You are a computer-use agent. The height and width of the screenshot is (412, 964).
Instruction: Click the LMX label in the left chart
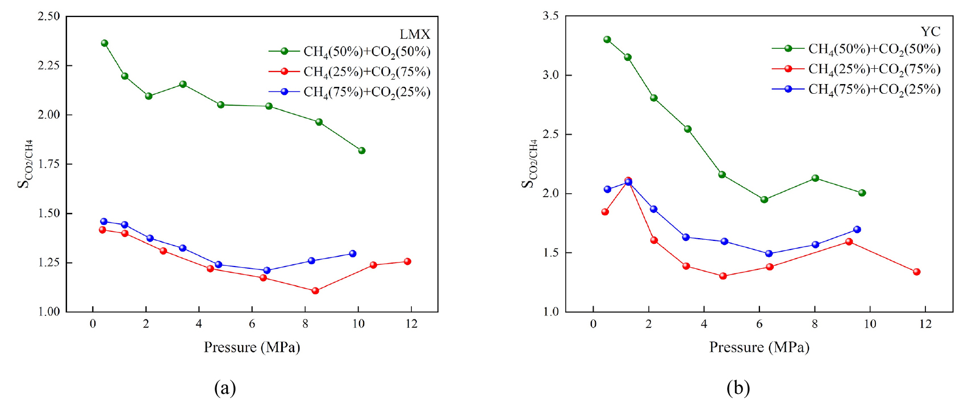pos(415,34)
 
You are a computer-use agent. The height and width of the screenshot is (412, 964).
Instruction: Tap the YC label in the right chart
pos(930,31)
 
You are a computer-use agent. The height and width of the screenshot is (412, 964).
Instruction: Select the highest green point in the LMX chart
pos(105,43)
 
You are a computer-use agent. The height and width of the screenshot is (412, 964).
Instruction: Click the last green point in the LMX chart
pos(362,151)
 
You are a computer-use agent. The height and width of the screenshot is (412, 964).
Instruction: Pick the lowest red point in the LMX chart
pos(315,291)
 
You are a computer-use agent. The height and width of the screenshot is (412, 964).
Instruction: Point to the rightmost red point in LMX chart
pos(407,261)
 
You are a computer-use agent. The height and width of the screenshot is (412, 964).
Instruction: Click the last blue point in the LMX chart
pos(353,253)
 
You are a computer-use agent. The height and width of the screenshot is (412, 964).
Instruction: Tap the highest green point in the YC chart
pos(607,40)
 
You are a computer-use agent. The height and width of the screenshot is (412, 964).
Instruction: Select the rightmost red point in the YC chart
pos(916,272)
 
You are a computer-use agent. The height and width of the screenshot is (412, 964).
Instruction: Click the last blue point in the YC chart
pos(857,230)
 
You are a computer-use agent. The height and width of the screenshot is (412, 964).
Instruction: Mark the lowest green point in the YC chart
pos(764,199)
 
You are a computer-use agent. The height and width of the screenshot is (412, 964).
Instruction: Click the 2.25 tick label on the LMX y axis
pos(49,65)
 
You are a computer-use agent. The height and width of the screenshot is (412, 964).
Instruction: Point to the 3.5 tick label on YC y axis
pos(550,16)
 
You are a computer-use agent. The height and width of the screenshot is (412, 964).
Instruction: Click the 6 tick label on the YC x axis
pos(759,324)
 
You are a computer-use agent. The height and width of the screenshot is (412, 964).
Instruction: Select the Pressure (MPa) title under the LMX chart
pos(252,347)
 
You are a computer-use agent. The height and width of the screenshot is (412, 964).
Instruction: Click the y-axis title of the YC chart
pos(529,164)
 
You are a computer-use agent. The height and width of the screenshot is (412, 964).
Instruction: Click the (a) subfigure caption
pos(225,388)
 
